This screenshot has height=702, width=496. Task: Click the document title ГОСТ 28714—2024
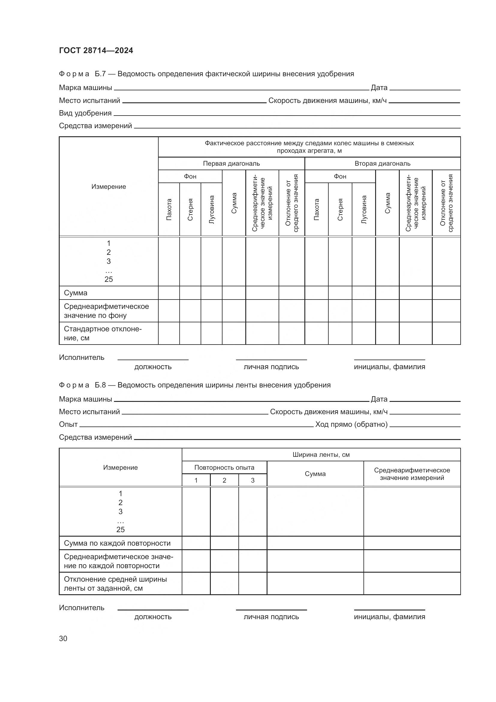96,50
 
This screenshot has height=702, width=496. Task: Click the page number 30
63,638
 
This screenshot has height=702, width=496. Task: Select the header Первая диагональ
231,164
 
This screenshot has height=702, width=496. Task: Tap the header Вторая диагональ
382,164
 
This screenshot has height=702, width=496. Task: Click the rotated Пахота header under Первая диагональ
169,209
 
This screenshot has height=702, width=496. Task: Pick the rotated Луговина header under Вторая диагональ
363,209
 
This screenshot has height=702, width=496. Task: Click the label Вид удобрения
85,113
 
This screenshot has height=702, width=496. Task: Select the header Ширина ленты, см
321,455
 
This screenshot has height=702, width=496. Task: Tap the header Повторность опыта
224,468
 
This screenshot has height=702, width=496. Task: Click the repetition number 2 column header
224,480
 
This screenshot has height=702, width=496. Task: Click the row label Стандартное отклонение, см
103,333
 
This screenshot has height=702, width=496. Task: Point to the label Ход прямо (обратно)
351,424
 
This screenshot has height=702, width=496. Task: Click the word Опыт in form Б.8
68,424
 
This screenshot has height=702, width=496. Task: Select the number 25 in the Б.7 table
109,279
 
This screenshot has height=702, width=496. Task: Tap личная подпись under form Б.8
271,617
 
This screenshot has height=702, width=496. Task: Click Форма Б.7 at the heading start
74,74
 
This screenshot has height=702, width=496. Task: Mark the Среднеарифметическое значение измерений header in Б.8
412,474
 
